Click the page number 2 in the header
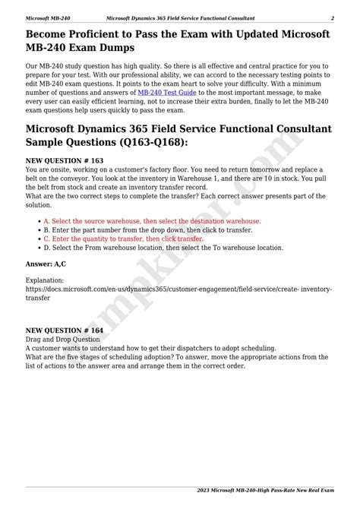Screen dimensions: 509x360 tap(332, 17)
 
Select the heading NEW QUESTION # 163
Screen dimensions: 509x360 tap(65, 161)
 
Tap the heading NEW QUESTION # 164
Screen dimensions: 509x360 tap(65, 330)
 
